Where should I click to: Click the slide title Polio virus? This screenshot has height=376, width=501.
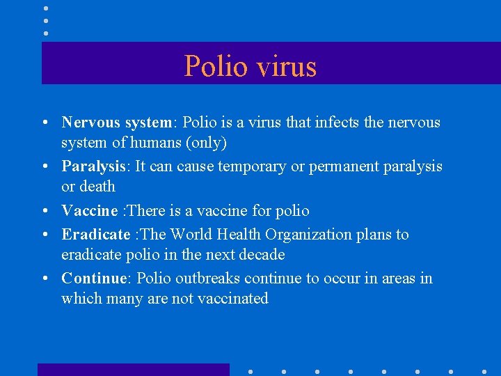pos(250,66)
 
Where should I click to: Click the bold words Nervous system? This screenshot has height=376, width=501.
pos(116,123)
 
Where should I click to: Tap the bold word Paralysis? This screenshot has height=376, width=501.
pos(94,166)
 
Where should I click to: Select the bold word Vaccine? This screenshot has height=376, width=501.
pos(90,210)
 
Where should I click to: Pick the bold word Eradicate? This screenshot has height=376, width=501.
pos(96,234)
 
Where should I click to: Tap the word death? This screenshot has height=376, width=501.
pos(98,187)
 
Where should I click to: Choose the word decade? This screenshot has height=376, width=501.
pos(260,254)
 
